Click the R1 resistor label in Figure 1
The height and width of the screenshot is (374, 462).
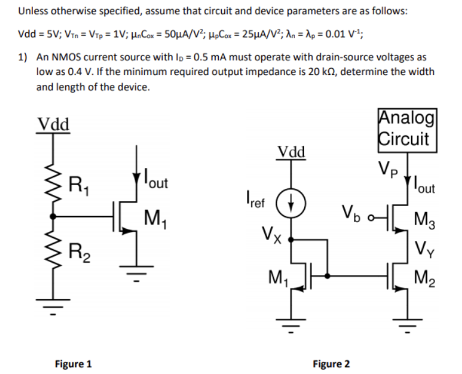(78, 183)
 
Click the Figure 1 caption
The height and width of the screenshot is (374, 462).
(72, 363)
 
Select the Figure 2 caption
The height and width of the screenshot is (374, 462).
(331, 363)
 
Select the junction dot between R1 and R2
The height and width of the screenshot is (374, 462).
(54, 216)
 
